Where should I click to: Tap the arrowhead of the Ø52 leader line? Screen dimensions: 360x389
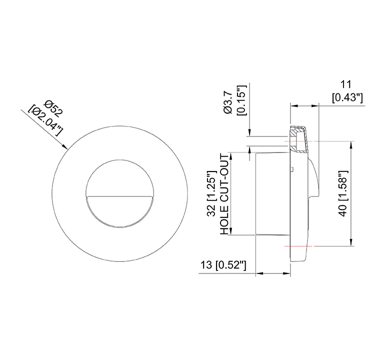tap(65, 146)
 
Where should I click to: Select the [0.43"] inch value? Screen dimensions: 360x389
tap(346, 98)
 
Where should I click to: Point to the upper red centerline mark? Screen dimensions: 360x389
tap(297, 141)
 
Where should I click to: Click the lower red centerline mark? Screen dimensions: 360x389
tap(297, 246)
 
